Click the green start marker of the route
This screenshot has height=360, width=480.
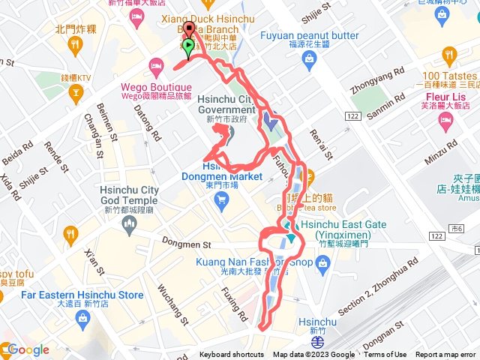coord(187,46)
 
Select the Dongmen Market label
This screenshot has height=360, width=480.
coord(221,177)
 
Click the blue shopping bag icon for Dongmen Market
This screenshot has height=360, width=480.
coord(220,199)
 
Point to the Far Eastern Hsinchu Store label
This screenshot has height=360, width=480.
coord(82,295)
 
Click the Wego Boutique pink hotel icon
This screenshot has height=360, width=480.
coord(156,64)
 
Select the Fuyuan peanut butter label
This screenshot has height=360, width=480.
coord(310,35)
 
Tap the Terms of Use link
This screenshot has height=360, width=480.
coord(385,355)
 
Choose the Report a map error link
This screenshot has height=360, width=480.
coord(447,355)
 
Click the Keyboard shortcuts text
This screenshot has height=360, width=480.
coord(232,355)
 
